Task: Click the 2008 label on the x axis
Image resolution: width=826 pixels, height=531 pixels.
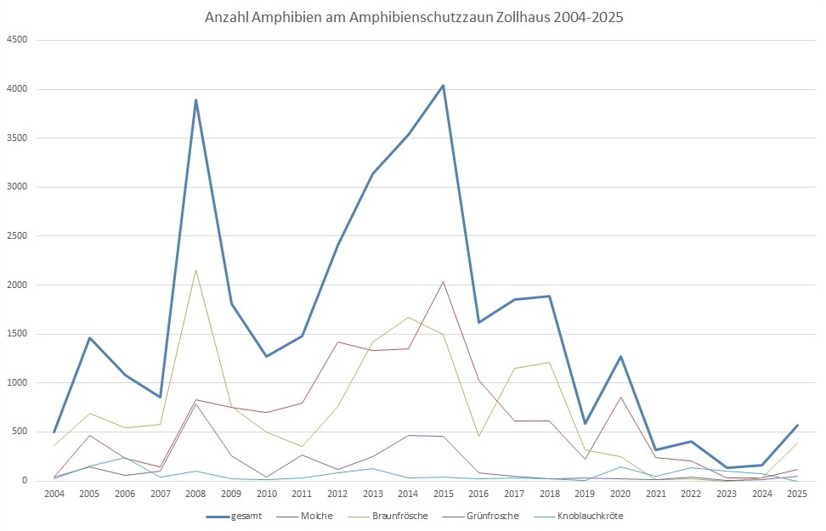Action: (x=195, y=494)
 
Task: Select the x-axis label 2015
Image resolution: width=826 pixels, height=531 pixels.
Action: (x=443, y=494)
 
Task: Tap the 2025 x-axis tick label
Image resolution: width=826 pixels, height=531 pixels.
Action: (x=796, y=494)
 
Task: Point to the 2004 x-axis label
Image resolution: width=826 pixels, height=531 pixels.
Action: (x=54, y=494)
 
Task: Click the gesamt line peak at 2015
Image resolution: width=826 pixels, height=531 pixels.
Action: (x=443, y=85)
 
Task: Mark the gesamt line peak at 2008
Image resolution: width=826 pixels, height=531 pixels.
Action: (x=195, y=99)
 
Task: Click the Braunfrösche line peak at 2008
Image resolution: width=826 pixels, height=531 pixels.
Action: (x=195, y=270)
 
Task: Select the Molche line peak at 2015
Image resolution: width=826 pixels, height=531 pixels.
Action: (x=443, y=281)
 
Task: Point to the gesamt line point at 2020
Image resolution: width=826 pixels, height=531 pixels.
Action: (x=619, y=356)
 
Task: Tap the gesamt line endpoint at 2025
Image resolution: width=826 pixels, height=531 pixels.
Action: (x=796, y=425)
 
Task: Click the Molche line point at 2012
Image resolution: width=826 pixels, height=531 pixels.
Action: (x=337, y=342)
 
